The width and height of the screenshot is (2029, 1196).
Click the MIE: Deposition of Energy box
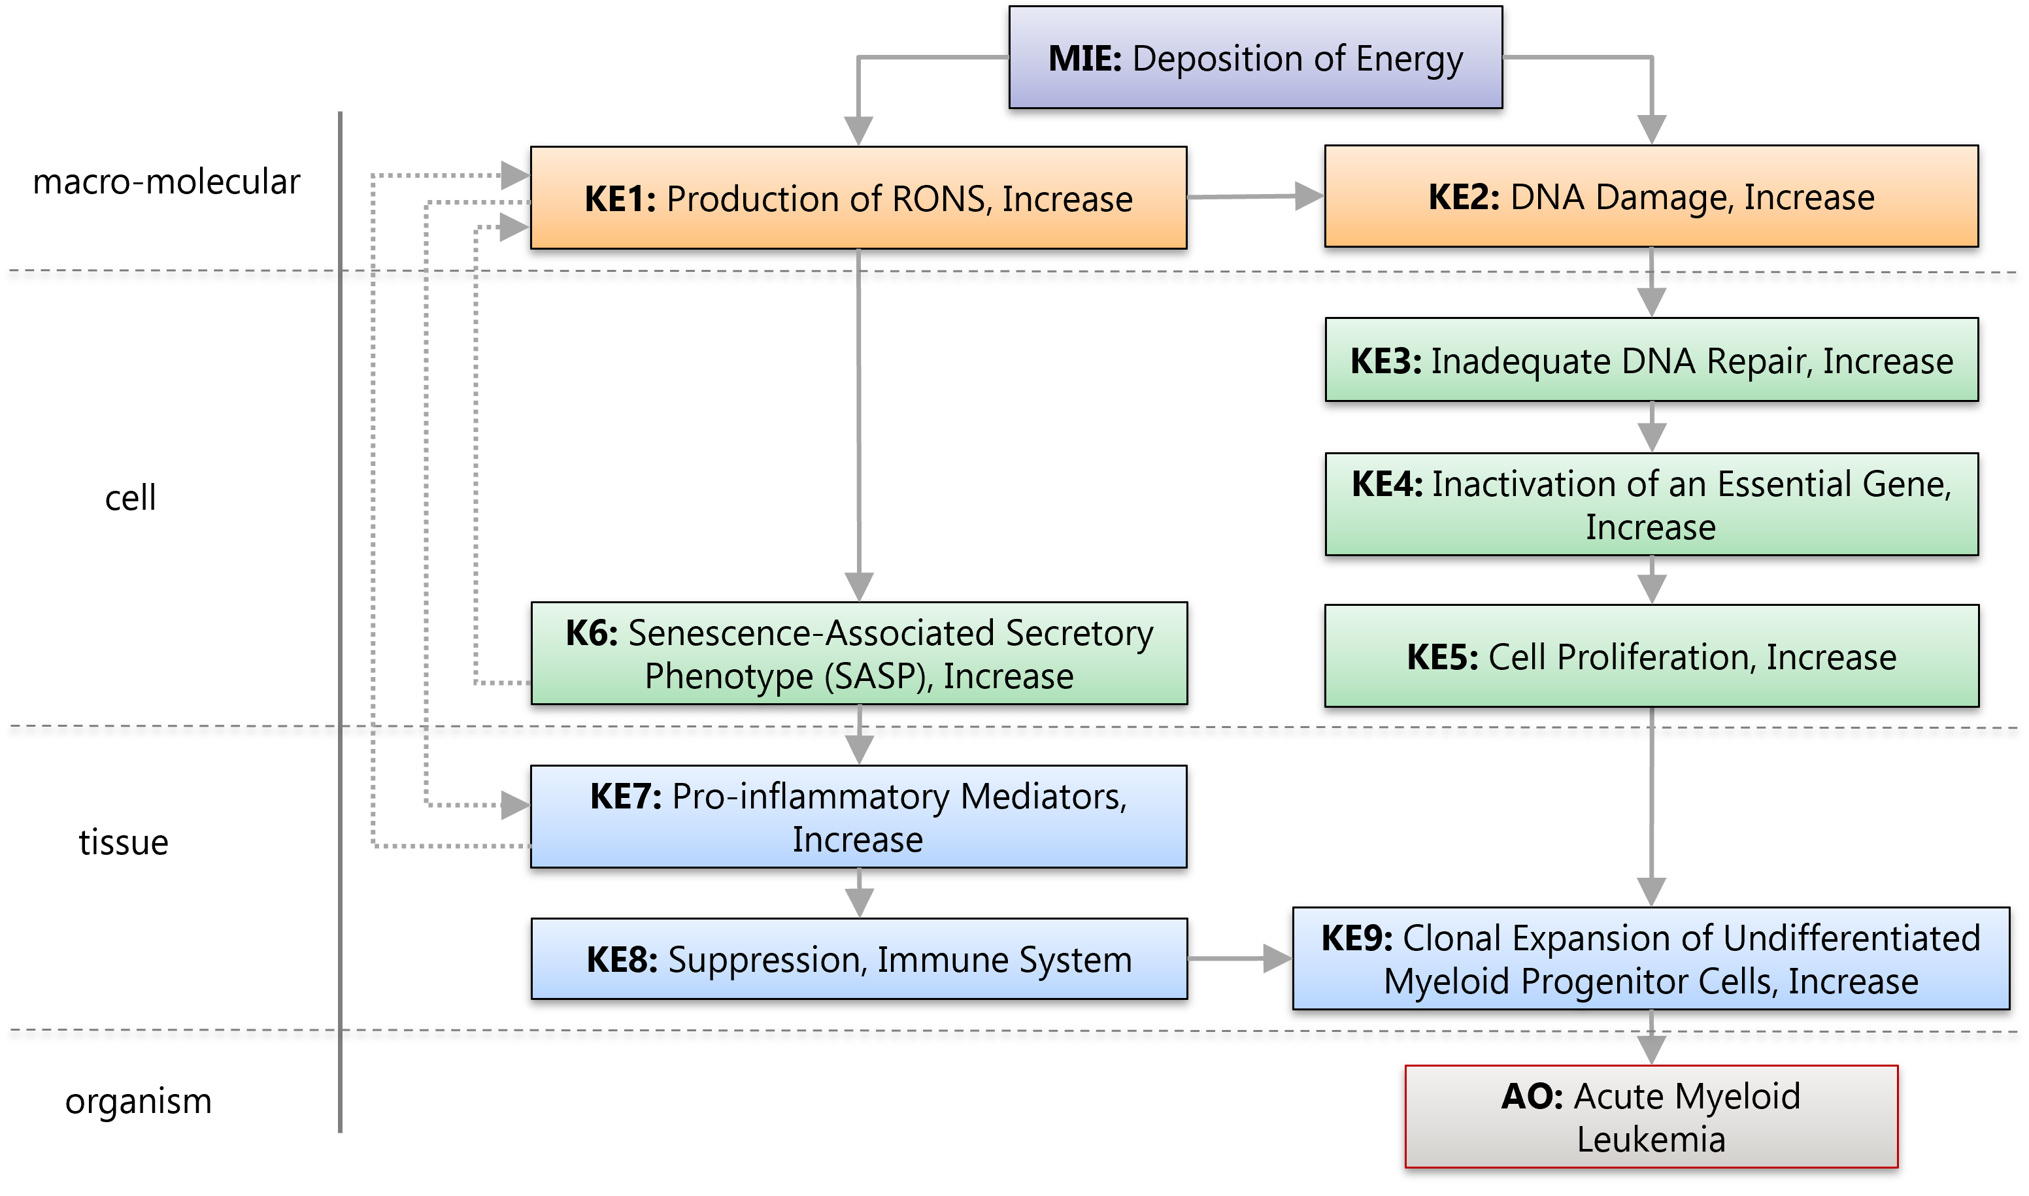point(1255,58)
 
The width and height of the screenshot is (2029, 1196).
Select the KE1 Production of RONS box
point(858,198)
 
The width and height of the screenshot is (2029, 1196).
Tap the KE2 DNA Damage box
point(1651,197)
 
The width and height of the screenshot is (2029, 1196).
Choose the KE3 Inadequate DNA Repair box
point(1651,360)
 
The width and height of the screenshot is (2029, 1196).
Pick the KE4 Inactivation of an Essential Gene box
point(1651,505)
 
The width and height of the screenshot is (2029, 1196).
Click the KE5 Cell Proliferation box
point(1651,656)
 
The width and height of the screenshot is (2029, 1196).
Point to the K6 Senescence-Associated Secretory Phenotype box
point(858,654)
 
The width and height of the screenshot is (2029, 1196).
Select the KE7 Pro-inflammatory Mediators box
point(858,816)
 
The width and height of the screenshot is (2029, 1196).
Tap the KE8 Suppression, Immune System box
point(858,959)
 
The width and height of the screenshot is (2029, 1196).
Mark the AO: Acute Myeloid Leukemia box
point(1651,1117)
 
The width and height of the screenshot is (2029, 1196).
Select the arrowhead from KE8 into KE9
point(1278,958)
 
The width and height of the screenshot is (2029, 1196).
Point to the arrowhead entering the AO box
point(1652,1051)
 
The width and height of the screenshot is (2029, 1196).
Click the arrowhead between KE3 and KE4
point(1652,439)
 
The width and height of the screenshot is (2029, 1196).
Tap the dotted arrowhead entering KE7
point(515,805)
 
